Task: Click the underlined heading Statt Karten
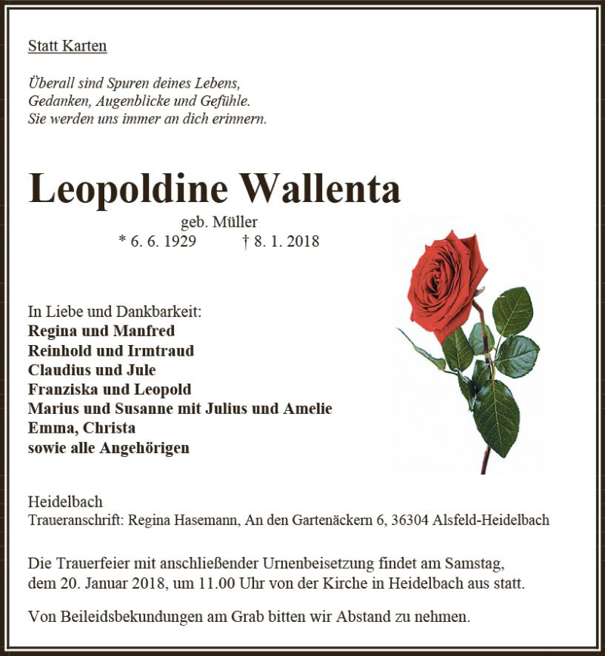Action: pyautogui.click(x=67, y=46)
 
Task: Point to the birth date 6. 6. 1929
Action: pyautogui.click(x=162, y=241)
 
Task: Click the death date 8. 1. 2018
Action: pyautogui.click(x=285, y=241)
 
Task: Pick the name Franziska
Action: pyautogui.click(x=60, y=390)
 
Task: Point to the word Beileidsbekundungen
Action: pyautogui.click(x=129, y=617)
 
